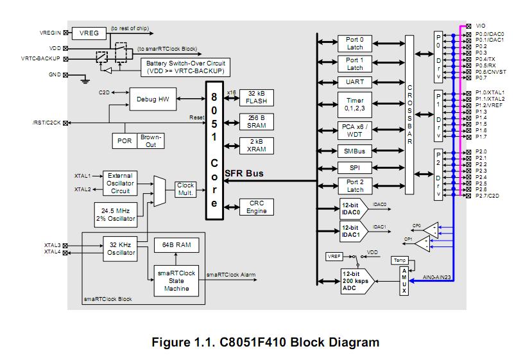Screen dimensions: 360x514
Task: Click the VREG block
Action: pos(89,33)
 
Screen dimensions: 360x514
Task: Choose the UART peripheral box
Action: pos(355,82)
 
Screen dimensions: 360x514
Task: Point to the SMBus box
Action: pos(355,151)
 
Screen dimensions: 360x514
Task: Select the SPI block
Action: pos(355,168)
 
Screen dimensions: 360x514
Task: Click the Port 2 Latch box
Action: pos(355,186)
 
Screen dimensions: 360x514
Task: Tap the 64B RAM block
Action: pos(176,245)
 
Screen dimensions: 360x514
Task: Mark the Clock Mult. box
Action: pos(186,189)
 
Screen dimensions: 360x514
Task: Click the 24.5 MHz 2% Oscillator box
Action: pos(116,214)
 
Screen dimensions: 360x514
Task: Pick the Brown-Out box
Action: pos(151,141)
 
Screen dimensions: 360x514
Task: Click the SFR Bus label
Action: pos(244,174)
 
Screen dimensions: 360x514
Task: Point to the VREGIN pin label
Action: pos(49,32)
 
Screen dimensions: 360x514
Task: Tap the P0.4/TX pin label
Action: pos(486,59)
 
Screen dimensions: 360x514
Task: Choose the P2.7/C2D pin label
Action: pos(489,196)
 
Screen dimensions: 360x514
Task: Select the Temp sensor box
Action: pos(399,259)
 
